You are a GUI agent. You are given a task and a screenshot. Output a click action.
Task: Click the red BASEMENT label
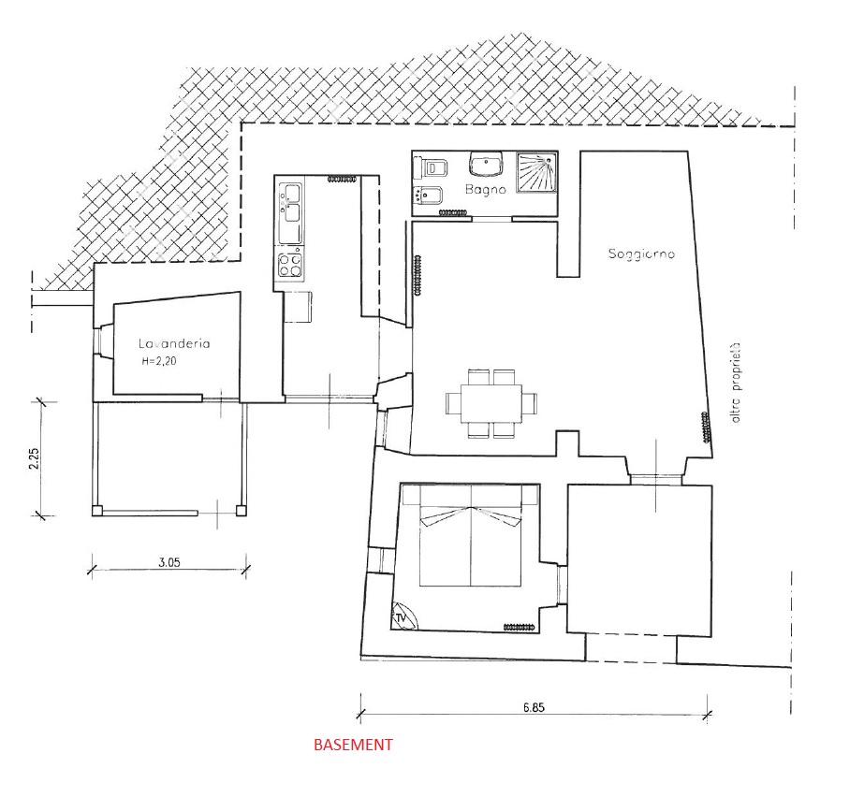[x=353, y=745]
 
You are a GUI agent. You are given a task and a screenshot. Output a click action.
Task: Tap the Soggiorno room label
[x=641, y=254]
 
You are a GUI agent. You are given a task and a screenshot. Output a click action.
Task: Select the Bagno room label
[x=486, y=190]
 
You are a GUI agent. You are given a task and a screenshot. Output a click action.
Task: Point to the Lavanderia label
[x=174, y=343]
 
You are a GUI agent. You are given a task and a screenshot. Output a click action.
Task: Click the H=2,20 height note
[x=159, y=361]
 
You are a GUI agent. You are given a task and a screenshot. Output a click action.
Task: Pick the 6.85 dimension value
[x=534, y=707]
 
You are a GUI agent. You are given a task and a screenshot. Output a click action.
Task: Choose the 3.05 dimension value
[x=169, y=562]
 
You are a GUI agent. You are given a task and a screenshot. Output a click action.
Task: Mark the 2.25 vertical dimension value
[x=34, y=458]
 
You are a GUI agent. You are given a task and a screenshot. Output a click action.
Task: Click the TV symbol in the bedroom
[x=403, y=616]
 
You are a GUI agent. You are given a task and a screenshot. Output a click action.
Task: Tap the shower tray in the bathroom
[x=536, y=172]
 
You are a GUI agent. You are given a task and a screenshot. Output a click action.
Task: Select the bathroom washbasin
[x=486, y=163]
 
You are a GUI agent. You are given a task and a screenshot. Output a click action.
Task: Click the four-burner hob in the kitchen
[x=290, y=265]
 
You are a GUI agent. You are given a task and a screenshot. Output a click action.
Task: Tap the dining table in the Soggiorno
[x=491, y=403]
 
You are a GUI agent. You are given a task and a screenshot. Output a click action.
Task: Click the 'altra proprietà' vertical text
[x=736, y=383]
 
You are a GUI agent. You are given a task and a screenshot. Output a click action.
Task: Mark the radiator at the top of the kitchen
[x=343, y=179]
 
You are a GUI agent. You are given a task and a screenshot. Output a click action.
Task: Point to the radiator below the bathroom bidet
[x=453, y=212]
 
